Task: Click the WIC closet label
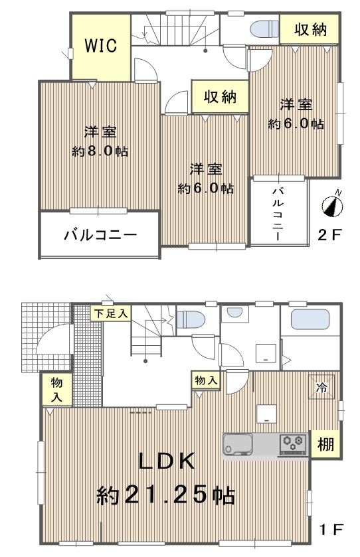100,46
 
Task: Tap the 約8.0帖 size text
100,151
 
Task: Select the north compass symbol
333,204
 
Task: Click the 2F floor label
329,234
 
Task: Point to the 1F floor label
331,530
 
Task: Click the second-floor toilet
265,29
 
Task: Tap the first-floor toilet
191,319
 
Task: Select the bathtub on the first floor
310,319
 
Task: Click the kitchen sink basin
237,444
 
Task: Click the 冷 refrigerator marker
321,387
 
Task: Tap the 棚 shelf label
325,444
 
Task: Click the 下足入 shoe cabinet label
110,313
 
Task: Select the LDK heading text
167,461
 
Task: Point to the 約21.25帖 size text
166,494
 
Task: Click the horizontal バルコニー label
100,235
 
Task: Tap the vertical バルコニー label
278,214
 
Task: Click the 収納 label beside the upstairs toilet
310,30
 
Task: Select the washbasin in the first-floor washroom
234,313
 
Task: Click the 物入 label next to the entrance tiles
56,389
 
